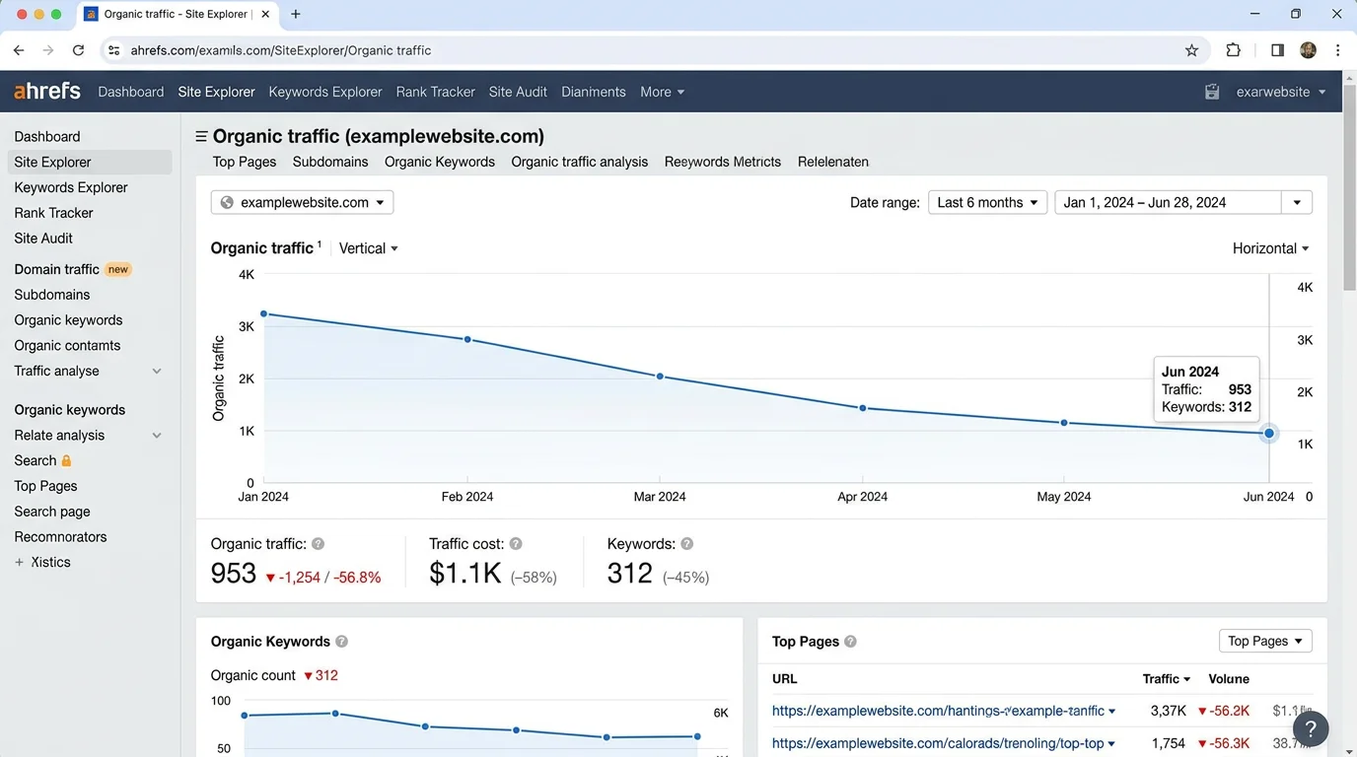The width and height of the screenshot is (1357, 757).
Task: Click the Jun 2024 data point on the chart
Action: (1269, 433)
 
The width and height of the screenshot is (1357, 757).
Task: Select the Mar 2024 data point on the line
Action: (660, 377)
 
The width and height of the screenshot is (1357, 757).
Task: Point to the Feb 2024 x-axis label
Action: (466, 497)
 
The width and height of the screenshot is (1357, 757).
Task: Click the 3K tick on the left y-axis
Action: (246, 326)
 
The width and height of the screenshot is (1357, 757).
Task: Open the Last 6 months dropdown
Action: (987, 202)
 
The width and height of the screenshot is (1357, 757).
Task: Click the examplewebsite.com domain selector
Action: (302, 202)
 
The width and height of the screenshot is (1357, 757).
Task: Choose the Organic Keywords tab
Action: (439, 162)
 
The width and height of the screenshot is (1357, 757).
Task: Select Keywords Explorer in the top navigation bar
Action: (324, 92)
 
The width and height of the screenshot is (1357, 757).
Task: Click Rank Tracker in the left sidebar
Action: (53, 213)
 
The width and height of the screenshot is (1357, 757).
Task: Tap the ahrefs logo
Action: (47, 91)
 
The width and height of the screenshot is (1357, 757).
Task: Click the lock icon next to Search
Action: (67, 460)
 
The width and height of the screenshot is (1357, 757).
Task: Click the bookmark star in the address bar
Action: (1191, 50)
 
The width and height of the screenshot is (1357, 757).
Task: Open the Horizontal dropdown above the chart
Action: (1270, 248)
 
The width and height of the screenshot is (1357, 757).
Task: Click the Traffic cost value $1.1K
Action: (464, 573)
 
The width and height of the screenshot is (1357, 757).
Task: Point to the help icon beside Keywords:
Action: (687, 544)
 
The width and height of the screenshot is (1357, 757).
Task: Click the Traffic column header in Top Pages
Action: (1166, 679)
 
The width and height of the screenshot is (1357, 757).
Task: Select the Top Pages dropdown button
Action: (1265, 641)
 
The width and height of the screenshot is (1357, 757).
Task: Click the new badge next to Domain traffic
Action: (118, 269)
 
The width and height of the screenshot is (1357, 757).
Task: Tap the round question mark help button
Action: (1311, 729)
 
